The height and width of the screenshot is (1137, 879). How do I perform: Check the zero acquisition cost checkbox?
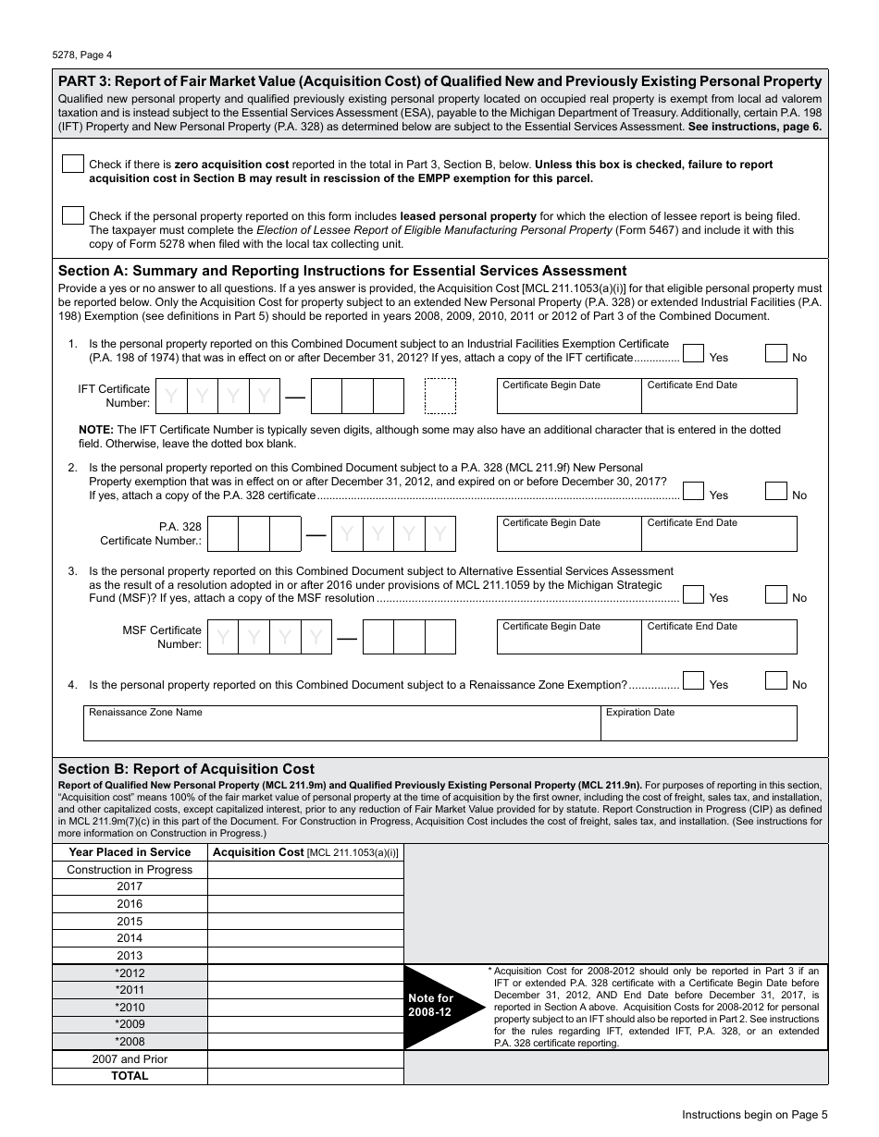pos(73,164)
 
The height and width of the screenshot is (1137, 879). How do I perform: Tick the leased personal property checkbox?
pos(73,215)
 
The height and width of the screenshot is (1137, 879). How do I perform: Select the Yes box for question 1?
pos(693,353)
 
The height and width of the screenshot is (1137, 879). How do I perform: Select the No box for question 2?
pos(776,491)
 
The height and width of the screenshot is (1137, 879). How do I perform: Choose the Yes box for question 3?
pos(693,593)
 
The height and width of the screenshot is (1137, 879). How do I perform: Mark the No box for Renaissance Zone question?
pos(776,680)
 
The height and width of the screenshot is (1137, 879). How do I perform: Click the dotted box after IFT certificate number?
pos(440,396)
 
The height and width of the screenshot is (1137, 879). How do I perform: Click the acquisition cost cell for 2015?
pos(305,921)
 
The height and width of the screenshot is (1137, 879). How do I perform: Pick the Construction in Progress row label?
pos(130,870)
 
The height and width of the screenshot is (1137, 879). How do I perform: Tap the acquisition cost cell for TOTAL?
pos(305,1076)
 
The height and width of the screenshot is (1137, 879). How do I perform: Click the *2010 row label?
pos(130,1008)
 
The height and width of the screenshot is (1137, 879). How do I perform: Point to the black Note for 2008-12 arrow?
pos(435,1006)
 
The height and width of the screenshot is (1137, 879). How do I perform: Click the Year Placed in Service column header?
pos(130,852)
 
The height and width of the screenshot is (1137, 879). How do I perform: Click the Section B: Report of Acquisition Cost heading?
pos(186,768)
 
